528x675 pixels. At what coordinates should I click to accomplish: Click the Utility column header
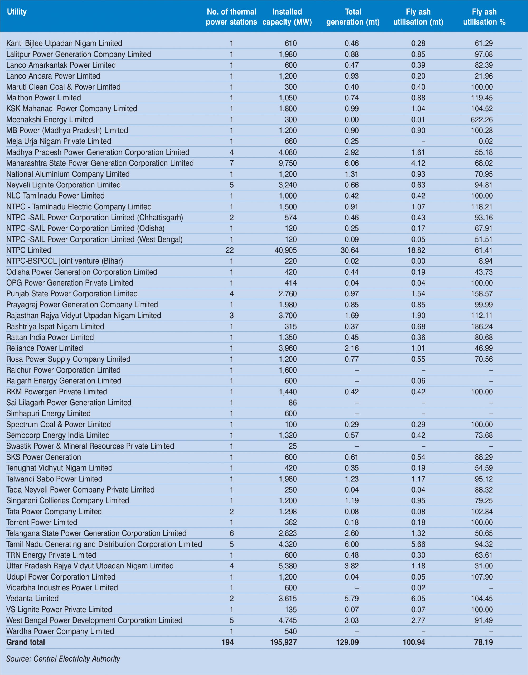[x=17, y=12]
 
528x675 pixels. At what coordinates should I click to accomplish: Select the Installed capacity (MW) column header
[x=287, y=17]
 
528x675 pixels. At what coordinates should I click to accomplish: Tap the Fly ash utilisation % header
[x=484, y=17]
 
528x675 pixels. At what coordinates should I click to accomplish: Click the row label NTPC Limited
[x=29, y=250]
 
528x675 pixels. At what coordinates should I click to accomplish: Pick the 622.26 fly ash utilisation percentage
[x=482, y=120]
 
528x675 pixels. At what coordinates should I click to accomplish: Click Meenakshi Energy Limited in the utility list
[x=50, y=120]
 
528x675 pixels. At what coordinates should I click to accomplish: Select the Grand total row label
[x=26, y=642]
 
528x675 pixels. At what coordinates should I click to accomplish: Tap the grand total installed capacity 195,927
[x=283, y=642]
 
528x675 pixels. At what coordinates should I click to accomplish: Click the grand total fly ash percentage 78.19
[x=483, y=642]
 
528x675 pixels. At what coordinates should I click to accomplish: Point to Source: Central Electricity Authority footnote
[x=63, y=659]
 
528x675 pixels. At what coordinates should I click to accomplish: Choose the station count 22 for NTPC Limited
[x=230, y=250]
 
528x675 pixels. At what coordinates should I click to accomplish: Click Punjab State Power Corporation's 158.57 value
[x=482, y=294]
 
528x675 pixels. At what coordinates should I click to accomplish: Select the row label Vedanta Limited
[x=32, y=599]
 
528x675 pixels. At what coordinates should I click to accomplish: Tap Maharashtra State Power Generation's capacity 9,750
[x=288, y=163]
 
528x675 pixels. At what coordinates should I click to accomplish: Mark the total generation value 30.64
[x=350, y=250]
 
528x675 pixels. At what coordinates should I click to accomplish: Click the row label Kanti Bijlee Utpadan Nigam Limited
[x=64, y=43]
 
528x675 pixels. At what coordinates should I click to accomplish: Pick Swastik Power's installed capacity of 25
[x=292, y=446]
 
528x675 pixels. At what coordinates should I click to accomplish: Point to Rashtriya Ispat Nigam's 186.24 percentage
[x=482, y=326]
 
